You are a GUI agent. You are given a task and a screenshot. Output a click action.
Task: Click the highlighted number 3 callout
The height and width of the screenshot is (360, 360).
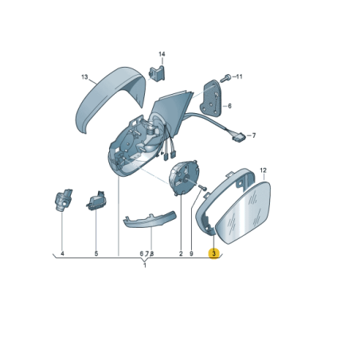[x=214, y=253]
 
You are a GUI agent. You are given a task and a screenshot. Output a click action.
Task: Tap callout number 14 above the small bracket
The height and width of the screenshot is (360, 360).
[x=162, y=54]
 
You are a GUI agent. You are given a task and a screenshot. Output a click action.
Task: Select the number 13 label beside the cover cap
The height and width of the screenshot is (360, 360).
[x=84, y=77]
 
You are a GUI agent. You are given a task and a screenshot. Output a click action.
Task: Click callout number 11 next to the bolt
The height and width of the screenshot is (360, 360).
[x=239, y=76]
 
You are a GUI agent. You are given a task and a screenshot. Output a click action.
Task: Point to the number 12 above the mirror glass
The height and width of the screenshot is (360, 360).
[x=263, y=170]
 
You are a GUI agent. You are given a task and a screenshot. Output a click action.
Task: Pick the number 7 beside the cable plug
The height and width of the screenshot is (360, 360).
[x=254, y=135]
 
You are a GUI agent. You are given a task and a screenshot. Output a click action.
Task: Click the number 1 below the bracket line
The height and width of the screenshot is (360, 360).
[x=145, y=265]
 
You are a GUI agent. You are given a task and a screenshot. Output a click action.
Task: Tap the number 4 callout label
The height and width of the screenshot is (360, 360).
[x=62, y=254]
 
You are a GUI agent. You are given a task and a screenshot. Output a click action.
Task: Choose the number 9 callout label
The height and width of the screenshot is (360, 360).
[x=191, y=254]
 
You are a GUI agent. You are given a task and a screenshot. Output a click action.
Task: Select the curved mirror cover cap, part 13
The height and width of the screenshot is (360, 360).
[x=111, y=97]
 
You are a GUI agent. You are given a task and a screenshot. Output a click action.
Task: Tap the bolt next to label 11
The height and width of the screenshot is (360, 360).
[x=225, y=78]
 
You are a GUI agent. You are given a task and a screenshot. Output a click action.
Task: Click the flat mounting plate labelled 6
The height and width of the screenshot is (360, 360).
[x=211, y=99]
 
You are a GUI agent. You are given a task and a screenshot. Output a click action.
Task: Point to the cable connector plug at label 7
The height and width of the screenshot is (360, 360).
[x=239, y=137]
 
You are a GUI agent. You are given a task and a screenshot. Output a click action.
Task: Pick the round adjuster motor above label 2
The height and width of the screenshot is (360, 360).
[x=184, y=178]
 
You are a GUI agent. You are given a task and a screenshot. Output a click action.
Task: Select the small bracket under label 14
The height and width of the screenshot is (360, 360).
[x=157, y=72]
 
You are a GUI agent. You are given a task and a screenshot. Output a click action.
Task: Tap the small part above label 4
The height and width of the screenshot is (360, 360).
[x=63, y=201]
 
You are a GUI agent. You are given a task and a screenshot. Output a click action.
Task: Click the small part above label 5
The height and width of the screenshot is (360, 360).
[x=96, y=201]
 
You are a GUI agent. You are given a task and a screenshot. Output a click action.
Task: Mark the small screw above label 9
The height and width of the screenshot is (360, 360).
[x=202, y=188]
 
